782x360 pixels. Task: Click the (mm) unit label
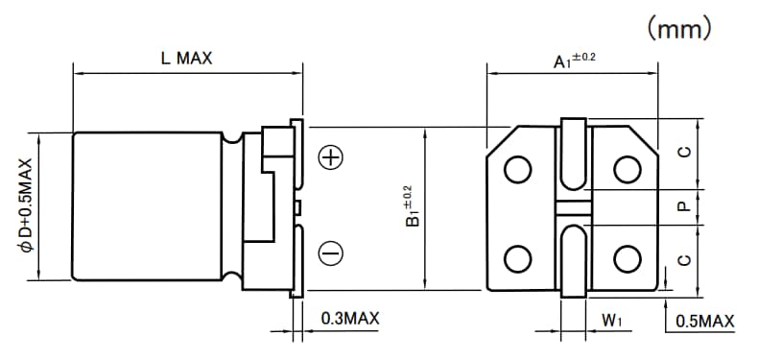tap(679, 29)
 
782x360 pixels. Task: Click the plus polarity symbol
tap(330, 158)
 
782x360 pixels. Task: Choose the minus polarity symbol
tap(330, 252)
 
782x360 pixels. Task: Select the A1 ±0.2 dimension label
tap(574, 60)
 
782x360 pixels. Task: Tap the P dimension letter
tap(685, 206)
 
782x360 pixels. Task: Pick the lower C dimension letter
tap(685, 257)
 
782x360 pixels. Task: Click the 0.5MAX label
tap(705, 321)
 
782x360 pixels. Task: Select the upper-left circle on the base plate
tap(518, 169)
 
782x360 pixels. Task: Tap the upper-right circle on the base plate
tap(628, 169)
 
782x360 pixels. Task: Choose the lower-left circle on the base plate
tap(518, 258)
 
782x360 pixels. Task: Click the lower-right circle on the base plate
tap(628, 258)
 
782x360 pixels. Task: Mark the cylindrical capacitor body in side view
tap(154, 205)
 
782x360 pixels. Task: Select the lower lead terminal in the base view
tap(573, 259)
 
